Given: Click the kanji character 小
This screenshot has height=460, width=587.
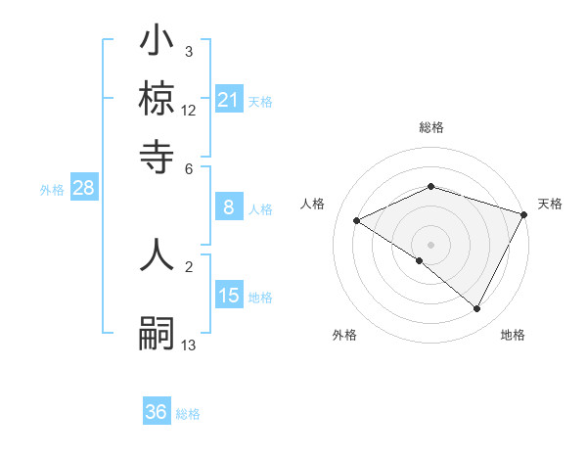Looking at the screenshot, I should [x=157, y=43].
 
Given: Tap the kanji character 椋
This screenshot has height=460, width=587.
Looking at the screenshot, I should [x=157, y=99].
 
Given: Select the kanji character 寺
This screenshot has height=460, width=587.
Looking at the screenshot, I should [x=157, y=154].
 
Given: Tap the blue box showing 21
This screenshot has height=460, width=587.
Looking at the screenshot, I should [x=229, y=100].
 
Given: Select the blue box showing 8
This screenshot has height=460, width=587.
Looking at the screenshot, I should [x=229, y=207].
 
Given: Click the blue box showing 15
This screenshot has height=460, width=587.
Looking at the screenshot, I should [x=229, y=296].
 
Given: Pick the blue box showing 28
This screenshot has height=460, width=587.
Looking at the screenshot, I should [x=83, y=189].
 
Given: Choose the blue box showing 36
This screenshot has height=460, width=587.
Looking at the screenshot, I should [x=157, y=412].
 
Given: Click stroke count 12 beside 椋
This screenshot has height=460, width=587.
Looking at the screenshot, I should [x=189, y=111].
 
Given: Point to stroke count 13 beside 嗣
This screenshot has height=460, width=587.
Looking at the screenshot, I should [x=189, y=344].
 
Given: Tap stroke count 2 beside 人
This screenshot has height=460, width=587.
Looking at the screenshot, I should [x=189, y=265].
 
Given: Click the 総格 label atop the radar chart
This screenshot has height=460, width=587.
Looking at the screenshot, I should [x=431, y=127].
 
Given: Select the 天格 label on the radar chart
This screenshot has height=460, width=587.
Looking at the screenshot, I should [x=550, y=204].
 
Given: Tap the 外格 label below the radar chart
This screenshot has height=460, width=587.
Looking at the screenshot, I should [x=344, y=335].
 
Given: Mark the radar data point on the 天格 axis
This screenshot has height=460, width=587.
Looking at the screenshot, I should [x=525, y=213].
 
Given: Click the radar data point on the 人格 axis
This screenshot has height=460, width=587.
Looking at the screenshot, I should [x=357, y=221].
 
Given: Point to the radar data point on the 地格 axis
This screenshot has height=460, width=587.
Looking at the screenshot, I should [x=477, y=309].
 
